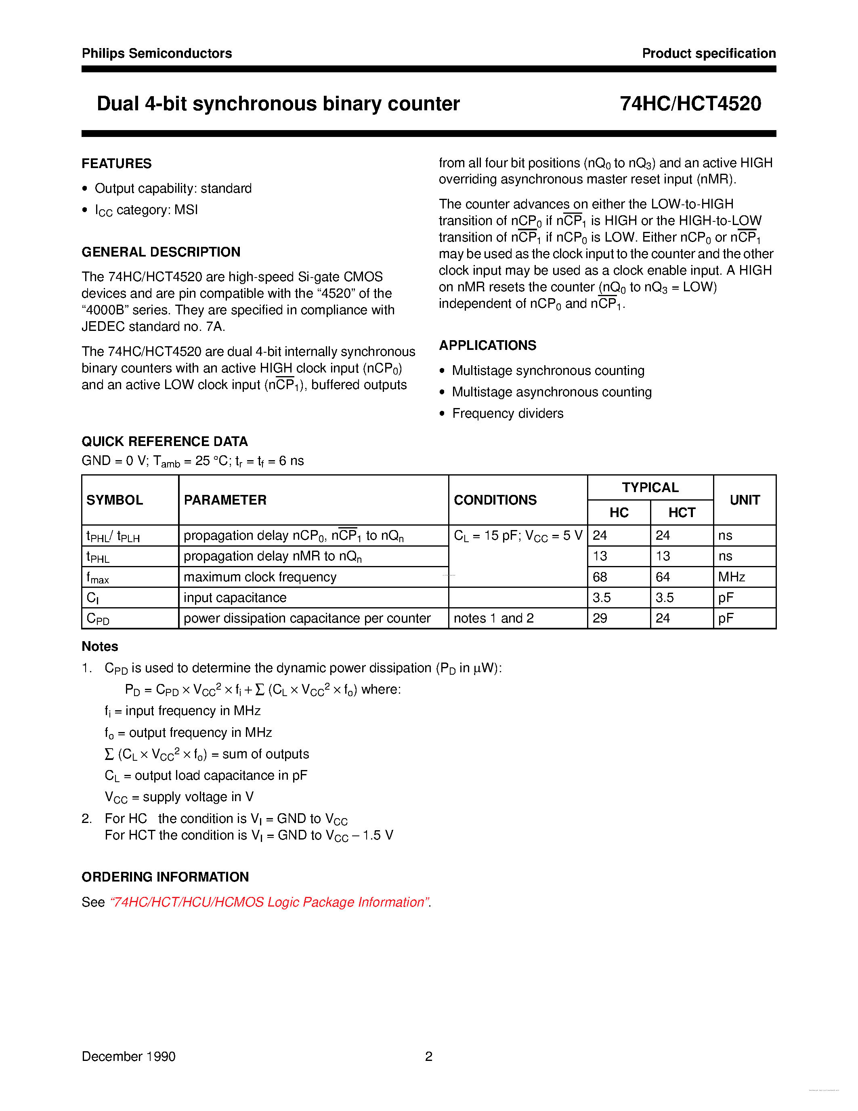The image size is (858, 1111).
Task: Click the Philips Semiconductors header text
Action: [x=157, y=53]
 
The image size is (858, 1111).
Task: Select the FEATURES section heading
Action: [x=116, y=163]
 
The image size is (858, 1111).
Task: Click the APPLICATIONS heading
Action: [x=487, y=345]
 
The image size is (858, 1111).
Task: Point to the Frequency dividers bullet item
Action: [x=507, y=413]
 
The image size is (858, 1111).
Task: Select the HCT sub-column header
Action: [x=681, y=512]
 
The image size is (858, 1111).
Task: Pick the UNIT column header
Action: [x=744, y=500]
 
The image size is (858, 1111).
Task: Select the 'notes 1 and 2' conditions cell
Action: [x=493, y=618]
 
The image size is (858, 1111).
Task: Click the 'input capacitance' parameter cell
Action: [x=235, y=598]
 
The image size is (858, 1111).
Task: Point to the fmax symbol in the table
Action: [x=98, y=577]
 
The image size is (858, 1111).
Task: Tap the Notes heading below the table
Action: [x=100, y=646]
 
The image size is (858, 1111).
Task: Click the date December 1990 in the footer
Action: [x=128, y=1056]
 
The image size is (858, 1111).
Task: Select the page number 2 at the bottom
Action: [x=428, y=1056]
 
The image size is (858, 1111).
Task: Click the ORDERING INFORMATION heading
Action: [x=165, y=877]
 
